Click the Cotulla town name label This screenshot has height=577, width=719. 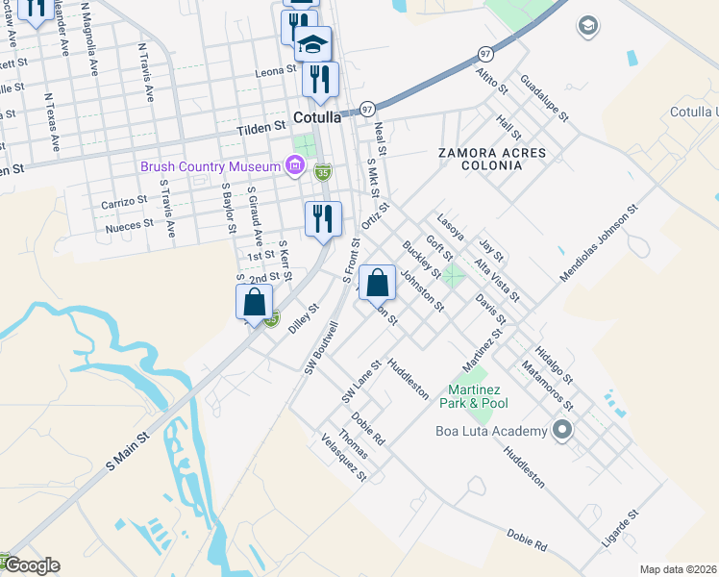(x=317, y=118)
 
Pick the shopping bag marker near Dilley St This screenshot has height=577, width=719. (x=254, y=302)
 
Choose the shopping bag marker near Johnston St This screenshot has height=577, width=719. (x=379, y=283)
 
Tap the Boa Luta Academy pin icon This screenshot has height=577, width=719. (x=562, y=430)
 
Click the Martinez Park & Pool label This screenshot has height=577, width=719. (x=474, y=396)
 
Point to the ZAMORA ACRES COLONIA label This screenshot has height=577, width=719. (x=491, y=159)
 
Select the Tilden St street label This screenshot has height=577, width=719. (x=262, y=126)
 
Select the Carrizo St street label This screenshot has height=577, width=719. (x=124, y=204)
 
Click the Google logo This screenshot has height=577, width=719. (x=31, y=565)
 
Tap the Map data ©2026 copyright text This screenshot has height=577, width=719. (x=678, y=569)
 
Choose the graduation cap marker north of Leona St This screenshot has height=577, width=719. (x=312, y=43)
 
